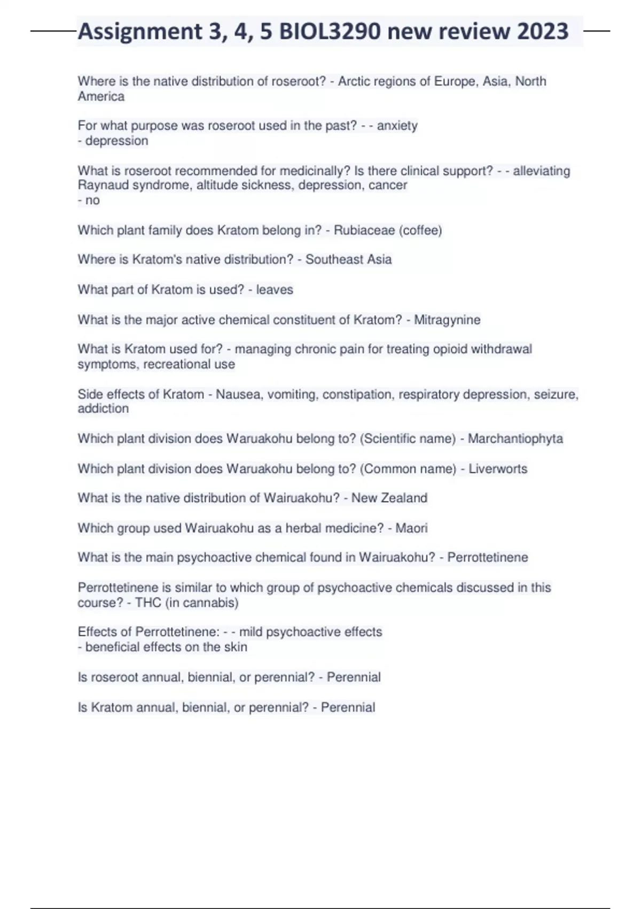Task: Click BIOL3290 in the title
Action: point(330,32)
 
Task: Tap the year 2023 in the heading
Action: point(543,32)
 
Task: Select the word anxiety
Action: point(397,126)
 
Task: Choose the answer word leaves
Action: point(275,290)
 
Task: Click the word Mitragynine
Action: point(447,320)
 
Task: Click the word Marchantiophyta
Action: point(515,439)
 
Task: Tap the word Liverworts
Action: point(498,469)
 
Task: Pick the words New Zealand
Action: point(389,498)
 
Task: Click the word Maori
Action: point(411,528)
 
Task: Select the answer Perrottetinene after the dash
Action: point(487,557)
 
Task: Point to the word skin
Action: point(236,647)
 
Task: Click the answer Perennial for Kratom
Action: point(348,707)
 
